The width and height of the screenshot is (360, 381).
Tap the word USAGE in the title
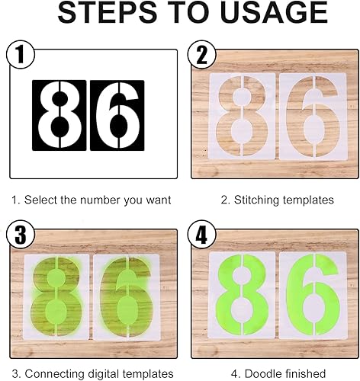(x=274, y=12)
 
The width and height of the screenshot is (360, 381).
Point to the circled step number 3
(x=21, y=234)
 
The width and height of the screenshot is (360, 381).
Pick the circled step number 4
(x=202, y=234)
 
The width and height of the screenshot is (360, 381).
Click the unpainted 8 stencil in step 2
(x=242, y=116)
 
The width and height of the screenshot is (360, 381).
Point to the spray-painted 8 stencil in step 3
(x=56, y=296)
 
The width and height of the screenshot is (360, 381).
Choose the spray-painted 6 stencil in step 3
(x=127, y=296)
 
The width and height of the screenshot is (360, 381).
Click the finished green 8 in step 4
(x=242, y=295)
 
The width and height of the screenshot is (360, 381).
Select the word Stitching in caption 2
(x=256, y=200)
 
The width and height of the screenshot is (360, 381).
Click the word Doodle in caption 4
(x=261, y=374)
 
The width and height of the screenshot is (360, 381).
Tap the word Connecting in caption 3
(x=55, y=374)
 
